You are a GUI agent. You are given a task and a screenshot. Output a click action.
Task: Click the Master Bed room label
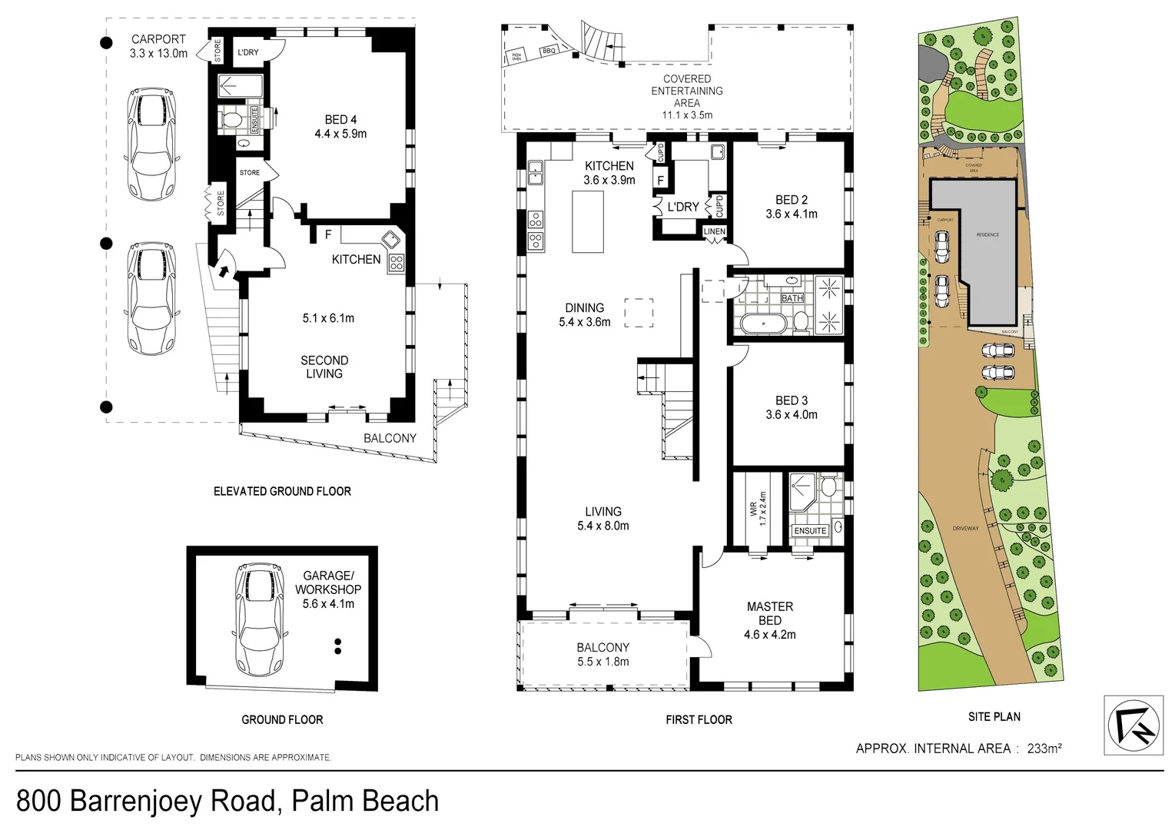(769, 613)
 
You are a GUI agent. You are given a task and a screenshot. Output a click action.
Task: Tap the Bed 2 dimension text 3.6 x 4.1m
(791, 214)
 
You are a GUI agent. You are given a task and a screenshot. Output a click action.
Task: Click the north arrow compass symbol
(1133, 725)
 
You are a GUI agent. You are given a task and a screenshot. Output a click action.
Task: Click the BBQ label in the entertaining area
(549, 51)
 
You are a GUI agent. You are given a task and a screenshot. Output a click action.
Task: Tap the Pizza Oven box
(515, 56)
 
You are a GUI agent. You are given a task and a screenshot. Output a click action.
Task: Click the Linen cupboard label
(714, 231)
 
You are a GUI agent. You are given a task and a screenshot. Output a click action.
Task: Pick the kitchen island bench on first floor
(588, 221)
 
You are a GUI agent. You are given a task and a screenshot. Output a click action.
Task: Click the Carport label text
(158, 39)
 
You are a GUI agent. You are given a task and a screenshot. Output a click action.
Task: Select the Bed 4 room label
(340, 119)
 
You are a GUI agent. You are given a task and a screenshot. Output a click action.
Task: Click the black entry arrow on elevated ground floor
(224, 270)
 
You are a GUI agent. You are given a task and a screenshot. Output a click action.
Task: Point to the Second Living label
(324, 367)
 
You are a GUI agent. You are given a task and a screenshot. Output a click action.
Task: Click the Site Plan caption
(994, 716)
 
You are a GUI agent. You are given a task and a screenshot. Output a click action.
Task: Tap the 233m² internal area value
(1044, 748)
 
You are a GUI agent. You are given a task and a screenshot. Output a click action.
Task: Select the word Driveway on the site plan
(966, 528)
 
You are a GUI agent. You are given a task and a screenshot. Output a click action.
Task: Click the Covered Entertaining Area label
(686, 91)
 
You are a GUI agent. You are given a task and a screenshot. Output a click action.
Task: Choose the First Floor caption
(699, 719)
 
